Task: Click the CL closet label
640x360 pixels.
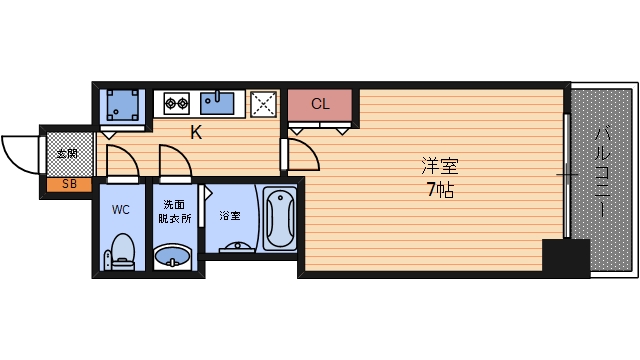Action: pos(320,104)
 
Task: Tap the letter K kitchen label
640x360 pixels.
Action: pos(196,132)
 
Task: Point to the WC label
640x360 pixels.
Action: pos(121,210)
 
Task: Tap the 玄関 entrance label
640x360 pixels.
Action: pos(67,154)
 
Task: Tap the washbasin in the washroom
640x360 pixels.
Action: pos(174,258)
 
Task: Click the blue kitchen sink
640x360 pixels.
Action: pos(218,101)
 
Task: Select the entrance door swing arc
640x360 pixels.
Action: pos(18,155)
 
